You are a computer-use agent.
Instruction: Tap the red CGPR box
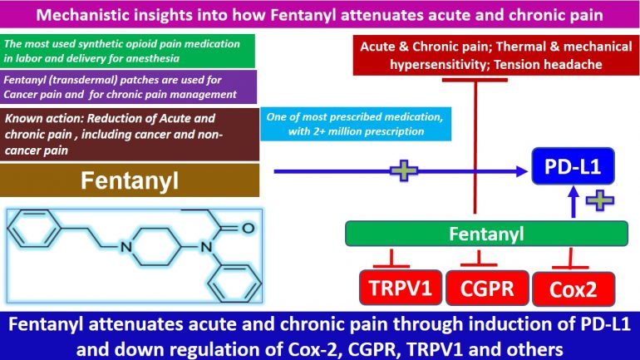[x=483, y=289]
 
